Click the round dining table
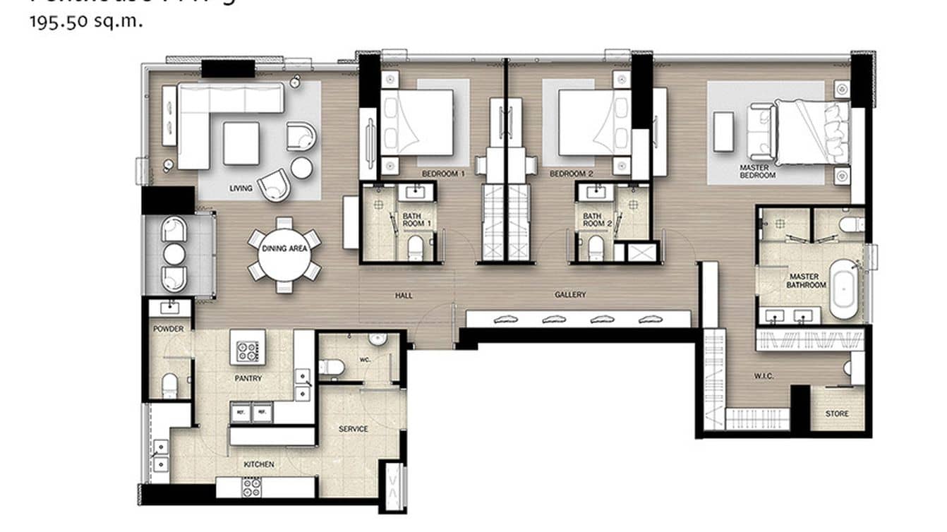284,253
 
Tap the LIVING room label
241,188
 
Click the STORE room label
837,413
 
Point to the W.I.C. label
763,376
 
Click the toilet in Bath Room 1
416,248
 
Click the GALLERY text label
570,295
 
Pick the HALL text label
404,296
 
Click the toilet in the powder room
169,385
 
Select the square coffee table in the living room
241,143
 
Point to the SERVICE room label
353,429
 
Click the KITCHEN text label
259,464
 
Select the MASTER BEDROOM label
758,171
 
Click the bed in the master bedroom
812,133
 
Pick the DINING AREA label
284,248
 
